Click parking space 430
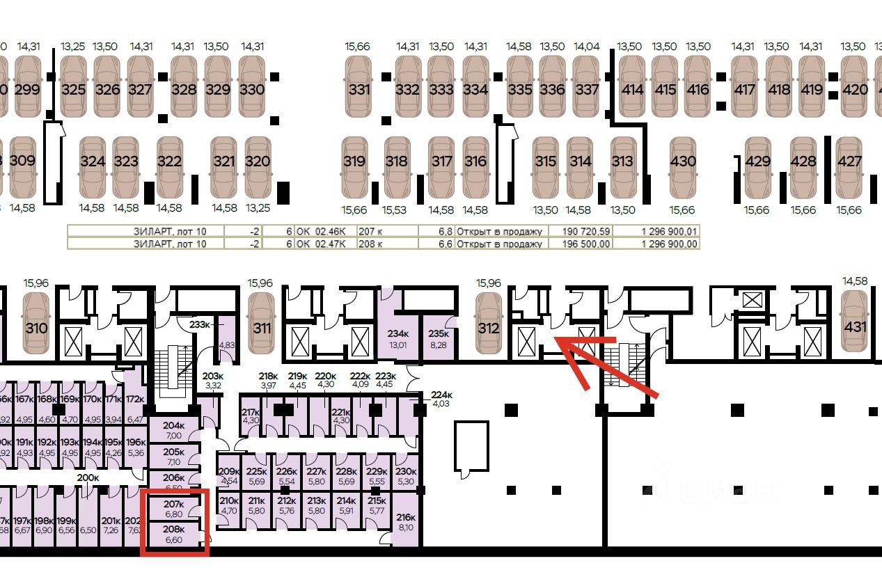(682, 161)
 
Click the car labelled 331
(359, 88)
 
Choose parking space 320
(258, 161)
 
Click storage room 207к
(173, 509)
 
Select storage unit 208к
(173, 534)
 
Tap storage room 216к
(405, 522)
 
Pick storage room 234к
(397, 338)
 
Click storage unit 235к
(439, 338)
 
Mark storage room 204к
(173, 429)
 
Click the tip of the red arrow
(554, 339)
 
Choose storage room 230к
(405, 476)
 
